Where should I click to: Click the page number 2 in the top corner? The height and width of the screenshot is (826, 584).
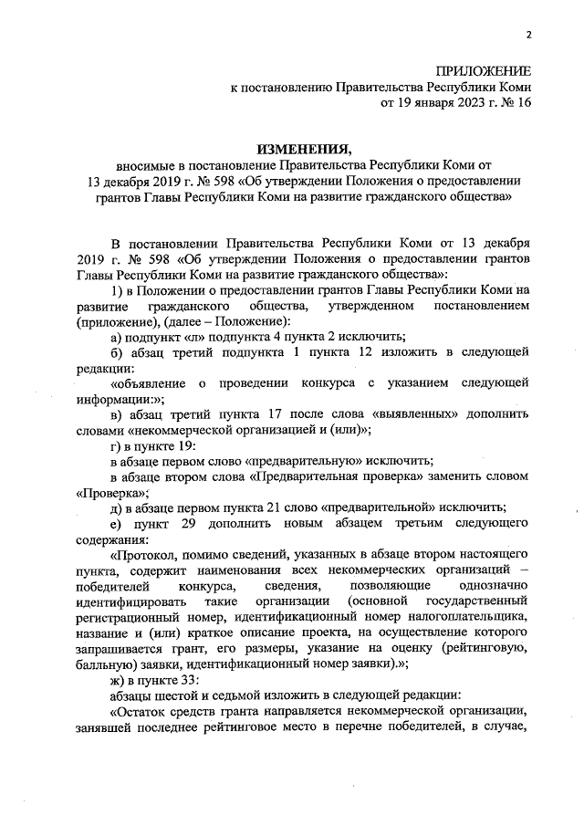(529, 34)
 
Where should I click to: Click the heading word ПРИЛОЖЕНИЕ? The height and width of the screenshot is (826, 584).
(483, 70)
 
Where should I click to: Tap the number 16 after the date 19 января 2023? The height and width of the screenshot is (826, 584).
(522, 102)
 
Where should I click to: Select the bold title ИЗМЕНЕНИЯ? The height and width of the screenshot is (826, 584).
(304, 148)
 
